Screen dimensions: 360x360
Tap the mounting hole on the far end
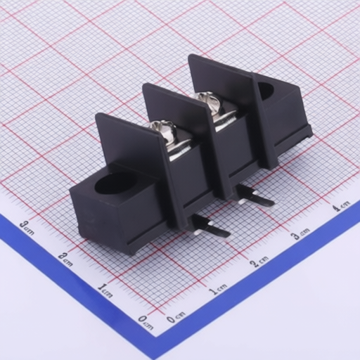266,91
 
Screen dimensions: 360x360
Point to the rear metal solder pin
255,196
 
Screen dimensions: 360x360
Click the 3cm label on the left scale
27,228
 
